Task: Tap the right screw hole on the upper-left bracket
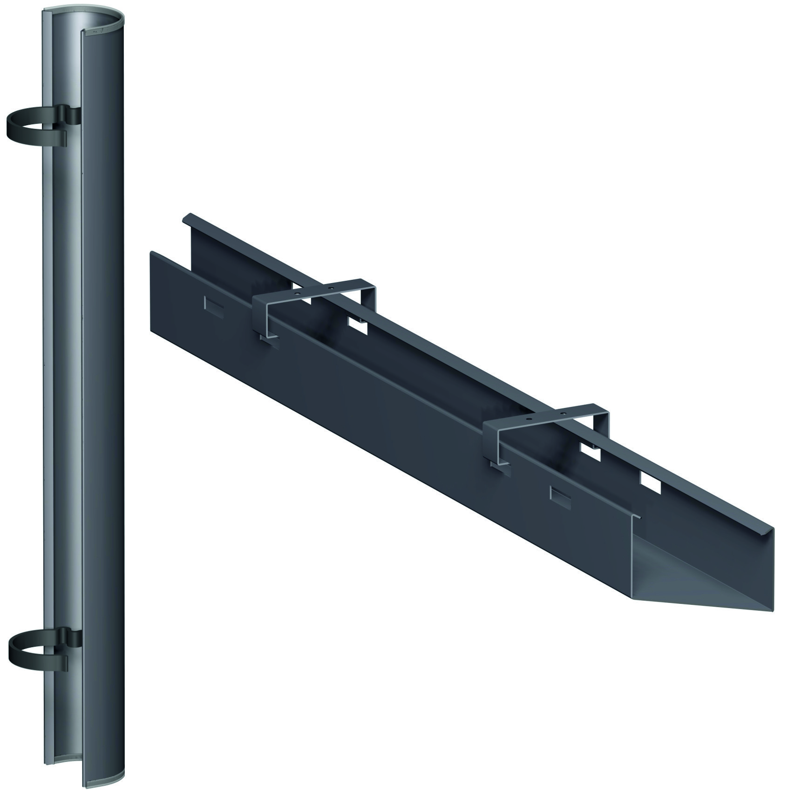point(330,288)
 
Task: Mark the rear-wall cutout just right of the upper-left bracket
point(358,327)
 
